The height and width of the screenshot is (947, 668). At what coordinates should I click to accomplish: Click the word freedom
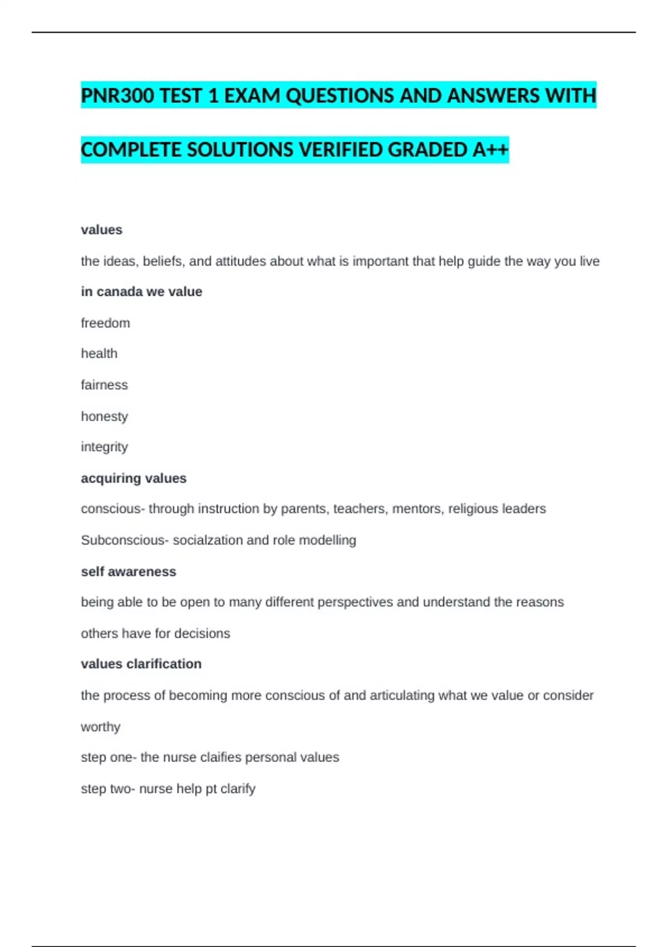[x=105, y=323]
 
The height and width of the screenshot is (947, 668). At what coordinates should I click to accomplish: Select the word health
[x=99, y=354]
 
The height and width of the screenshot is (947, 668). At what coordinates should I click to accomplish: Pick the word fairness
[x=104, y=385]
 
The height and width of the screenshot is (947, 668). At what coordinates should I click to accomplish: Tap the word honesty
[x=104, y=417]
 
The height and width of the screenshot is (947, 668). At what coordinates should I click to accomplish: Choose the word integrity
[x=104, y=447]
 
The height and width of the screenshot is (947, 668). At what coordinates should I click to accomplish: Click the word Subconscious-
[x=125, y=540]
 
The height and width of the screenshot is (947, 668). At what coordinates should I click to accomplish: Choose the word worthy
[x=100, y=727]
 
